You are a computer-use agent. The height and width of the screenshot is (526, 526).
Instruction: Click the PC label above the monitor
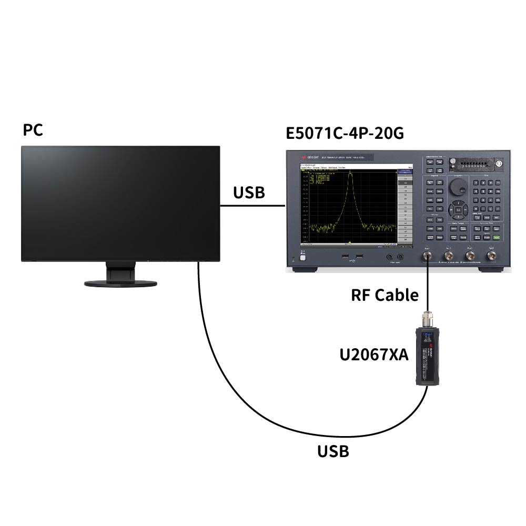pos(33,130)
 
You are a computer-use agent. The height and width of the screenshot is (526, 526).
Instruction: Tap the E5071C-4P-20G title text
pos(345,133)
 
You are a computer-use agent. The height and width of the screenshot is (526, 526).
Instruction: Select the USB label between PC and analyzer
pos(249,193)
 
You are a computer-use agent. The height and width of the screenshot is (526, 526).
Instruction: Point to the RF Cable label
pos(385,295)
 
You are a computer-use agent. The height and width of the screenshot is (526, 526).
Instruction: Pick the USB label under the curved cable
pos(333,451)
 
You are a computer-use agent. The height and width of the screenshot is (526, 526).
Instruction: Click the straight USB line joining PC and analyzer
pos(252,206)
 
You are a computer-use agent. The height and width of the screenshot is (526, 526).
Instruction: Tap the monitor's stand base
pos(120,283)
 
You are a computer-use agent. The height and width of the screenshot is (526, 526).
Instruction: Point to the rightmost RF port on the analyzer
pos(492,256)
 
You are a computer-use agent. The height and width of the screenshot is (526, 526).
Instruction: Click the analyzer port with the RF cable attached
pos(427,256)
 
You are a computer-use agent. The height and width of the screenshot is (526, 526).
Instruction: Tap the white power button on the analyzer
pos(302,256)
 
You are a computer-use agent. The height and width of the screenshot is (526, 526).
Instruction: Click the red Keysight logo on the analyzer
pos(304,157)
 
